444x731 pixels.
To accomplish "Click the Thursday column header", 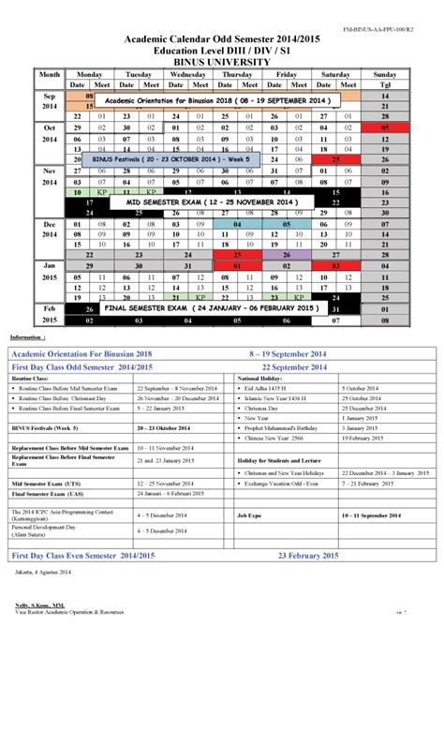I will (x=238, y=74).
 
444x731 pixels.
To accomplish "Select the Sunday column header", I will (x=385, y=74).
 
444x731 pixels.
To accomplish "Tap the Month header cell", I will (x=50, y=74).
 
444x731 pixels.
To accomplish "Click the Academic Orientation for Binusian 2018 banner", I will (x=216, y=100).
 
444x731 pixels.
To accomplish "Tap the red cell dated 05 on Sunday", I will (x=385, y=127).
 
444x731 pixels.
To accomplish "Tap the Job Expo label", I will (x=249, y=516).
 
